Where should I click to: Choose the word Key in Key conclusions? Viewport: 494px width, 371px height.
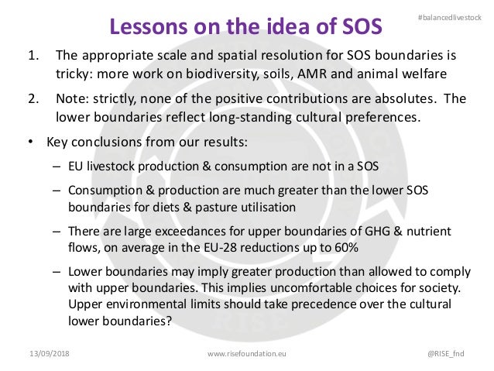pyautogui.click(x=57, y=143)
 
